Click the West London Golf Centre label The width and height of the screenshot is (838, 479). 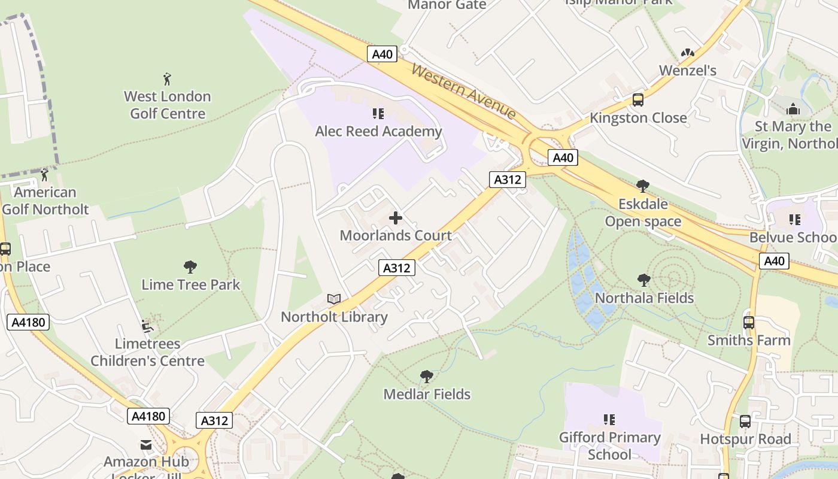[x=167, y=105]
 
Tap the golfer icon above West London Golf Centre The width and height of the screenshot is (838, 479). [x=167, y=78]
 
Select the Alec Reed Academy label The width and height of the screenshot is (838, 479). [x=378, y=131]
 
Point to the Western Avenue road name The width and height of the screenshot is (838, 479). [x=464, y=92]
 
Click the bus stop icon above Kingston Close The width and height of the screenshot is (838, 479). [x=638, y=100]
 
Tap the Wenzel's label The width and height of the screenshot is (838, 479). [x=687, y=70]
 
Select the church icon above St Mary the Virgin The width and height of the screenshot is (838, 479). [x=793, y=109]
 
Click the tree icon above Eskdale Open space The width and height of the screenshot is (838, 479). [x=643, y=186]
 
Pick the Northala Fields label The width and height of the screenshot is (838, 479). [x=644, y=298]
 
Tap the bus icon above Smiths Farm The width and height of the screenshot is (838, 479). [x=749, y=323]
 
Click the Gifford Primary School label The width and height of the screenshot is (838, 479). [x=609, y=445]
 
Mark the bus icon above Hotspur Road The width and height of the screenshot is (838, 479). [x=745, y=422]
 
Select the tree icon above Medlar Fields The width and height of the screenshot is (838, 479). [x=427, y=377]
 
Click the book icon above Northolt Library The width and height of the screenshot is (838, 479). [x=334, y=299]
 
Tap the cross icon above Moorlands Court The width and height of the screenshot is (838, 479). [x=396, y=218]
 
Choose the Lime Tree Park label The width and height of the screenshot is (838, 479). [x=190, y=284]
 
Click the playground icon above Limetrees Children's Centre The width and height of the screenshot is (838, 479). [x=147, y=326]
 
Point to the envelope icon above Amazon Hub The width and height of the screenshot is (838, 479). [x=146, y=444]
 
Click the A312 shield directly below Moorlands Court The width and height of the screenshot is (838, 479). [x=397, y=268]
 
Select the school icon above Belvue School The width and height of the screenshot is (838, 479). [x=795, y=220]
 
